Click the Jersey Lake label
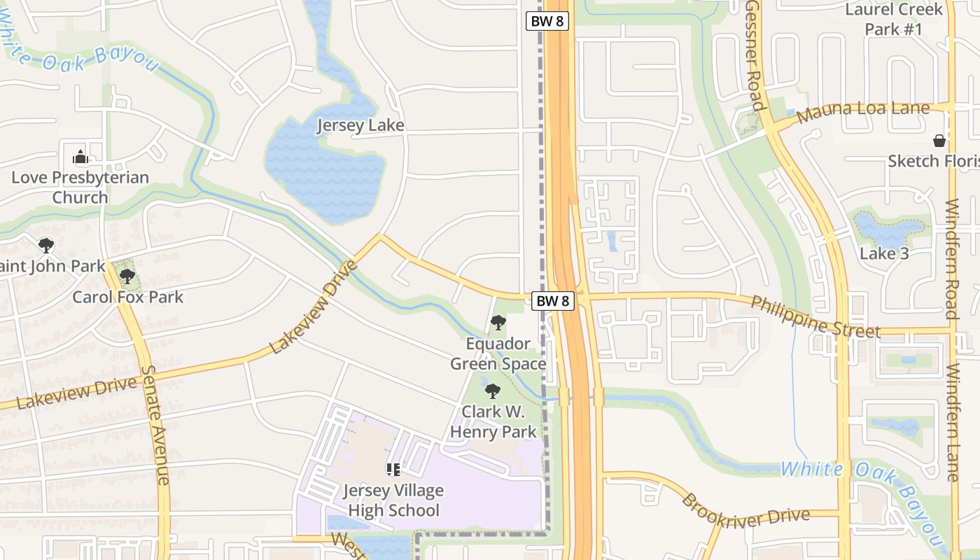point(360,126)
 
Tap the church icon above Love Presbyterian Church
point(80,157)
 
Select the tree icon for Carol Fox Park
point(127,276)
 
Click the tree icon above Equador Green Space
point(498,323)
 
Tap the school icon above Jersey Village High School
point(393,470)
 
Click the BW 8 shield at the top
point(547,21)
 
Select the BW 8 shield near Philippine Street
point(553,301)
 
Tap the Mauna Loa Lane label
point(863,110)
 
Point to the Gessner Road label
point(754,55)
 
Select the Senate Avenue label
point(155,425)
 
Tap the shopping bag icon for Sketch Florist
point(939,141)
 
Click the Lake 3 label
point(884,253)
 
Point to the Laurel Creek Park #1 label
point(894,20)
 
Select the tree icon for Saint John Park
point(46,246)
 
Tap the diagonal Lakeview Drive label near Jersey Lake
point(314,307)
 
